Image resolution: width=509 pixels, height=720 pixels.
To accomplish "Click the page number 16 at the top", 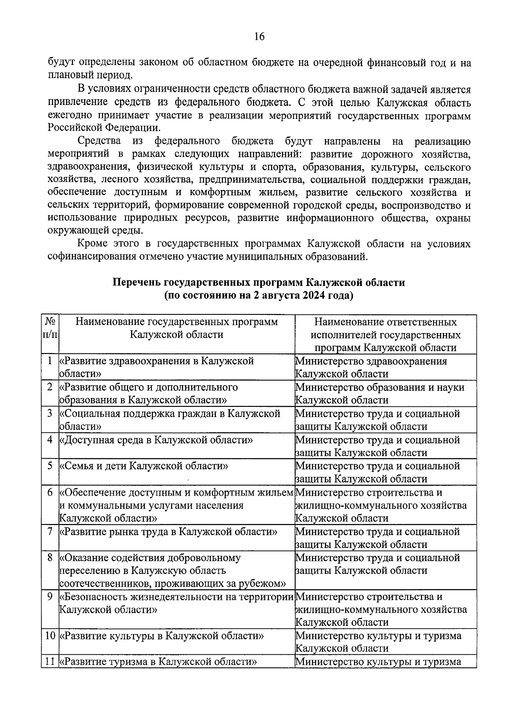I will (x=259, y=37).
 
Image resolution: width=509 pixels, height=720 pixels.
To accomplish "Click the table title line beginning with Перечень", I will (x=259, y=283).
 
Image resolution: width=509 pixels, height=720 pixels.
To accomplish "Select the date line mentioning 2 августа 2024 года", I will (x=259, y=295).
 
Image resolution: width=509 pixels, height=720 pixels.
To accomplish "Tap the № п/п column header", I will (x=50, y=328).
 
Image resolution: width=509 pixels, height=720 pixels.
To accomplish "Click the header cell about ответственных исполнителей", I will (x=386, y=335).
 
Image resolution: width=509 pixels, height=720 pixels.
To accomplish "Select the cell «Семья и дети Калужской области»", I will (x=144, y=466).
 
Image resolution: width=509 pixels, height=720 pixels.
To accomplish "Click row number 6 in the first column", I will (x=50, y=493).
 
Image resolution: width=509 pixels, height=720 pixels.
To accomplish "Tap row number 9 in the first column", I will (x=50, y=597).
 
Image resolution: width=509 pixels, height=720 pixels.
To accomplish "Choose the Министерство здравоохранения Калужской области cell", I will (x=371, y=367).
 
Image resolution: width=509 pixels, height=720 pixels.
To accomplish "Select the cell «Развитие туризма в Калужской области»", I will (x=159, y=661).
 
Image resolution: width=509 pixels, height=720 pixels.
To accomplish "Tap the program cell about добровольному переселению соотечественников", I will (x=172, y=571).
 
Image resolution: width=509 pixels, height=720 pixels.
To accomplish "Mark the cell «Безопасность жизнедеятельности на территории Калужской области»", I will (x=176, y=603).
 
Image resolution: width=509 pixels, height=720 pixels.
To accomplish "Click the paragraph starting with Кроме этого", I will (x=259, y=250).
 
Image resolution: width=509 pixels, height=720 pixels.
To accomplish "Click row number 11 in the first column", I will (x=50, y=661).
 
